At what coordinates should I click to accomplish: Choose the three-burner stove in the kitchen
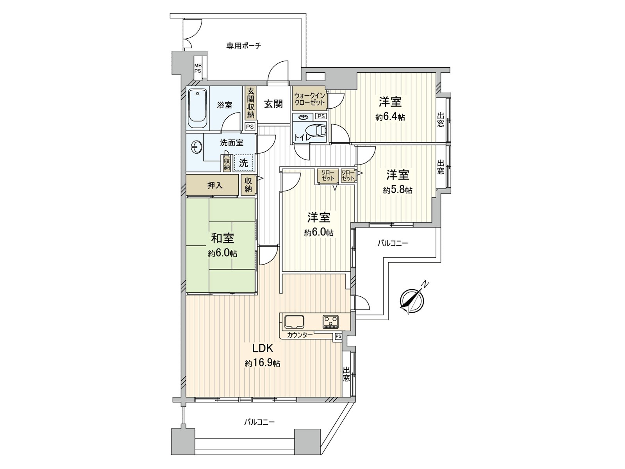331,322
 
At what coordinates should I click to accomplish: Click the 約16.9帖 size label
262,363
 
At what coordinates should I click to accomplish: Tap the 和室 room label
223,238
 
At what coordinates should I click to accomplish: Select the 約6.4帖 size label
390,117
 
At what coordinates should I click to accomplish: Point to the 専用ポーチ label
244,46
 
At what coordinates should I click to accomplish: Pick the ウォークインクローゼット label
309,98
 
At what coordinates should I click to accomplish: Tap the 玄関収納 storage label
250,103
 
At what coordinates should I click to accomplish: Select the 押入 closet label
214,185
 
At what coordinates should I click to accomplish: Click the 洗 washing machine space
244,163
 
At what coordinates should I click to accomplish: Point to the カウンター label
300,335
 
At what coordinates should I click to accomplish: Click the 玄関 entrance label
273,104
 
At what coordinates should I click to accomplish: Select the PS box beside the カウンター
338,336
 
